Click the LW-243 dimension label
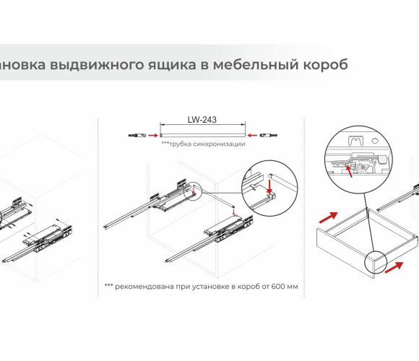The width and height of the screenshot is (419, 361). coord(202,120)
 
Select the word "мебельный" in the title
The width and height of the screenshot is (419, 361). coord(256,64)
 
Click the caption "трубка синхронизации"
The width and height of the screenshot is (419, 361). coord(203,144)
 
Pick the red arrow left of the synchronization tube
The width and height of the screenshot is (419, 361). coord(153,136)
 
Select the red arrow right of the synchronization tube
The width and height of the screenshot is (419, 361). coord(252,136)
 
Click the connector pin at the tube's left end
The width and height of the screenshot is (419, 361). coord(137,136)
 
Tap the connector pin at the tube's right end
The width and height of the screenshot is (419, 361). coord(268,136)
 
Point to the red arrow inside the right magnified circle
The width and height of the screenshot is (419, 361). coord(348,171)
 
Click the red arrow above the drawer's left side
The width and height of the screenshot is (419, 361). coord(329,217)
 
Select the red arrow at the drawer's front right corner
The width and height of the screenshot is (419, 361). coord(394,268)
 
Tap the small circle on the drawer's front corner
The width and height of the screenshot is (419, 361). coord(376,262)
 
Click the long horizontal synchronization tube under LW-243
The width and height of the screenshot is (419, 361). coord(203,136)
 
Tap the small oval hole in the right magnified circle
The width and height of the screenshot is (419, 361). coord(375,140)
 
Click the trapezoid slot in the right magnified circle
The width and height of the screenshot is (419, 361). coord(356,141)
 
